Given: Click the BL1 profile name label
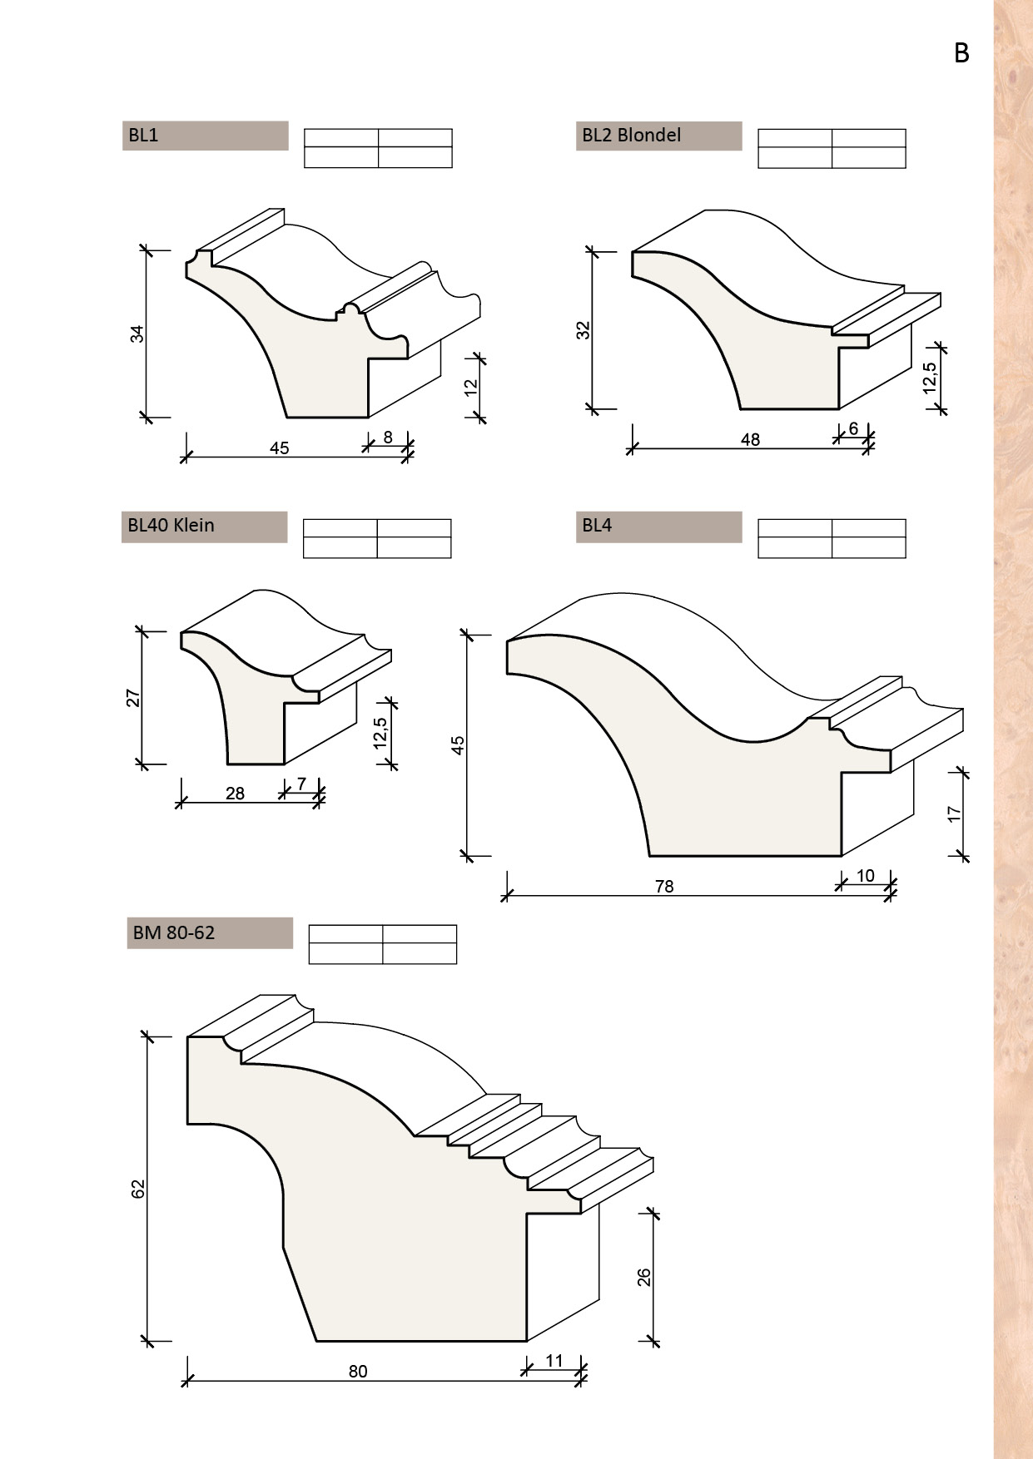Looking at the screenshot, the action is pyautogui.click(x=143, y=136).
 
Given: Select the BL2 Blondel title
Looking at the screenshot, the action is pyautogui.click(x=632, y=136).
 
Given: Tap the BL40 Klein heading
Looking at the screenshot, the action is pyautogui.click(x=171, y=526).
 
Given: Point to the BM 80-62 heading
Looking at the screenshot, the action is pyautogui.click(x=173, y=932).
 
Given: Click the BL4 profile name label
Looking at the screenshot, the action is pyautogui.click(x=597, y=526).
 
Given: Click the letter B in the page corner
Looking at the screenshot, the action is pyautogui.click(x=961, y=53).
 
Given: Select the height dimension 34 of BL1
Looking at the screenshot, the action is pyautogui.click(x=138, y=334).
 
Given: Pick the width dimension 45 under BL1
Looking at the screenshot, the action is pyautogui.click(x=280, y=448).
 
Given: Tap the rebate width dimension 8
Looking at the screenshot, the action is pyautogui.click(x=388, y=437).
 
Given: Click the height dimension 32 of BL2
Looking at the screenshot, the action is pyautogui.click(x=584, y=330).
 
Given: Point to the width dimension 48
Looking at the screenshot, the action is pyautogui.click(x=750, y=439).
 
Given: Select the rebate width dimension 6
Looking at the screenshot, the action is pyautogui.click(x=853, y=429).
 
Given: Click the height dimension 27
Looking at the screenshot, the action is pyautogui.click(x=133, y=698).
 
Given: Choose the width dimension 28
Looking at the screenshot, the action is pyautogui.click(x=235, y=794).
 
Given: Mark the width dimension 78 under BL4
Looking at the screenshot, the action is pyautogui.click(x=664, y=887).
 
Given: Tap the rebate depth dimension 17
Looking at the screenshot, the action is pyautogui.click(x=955, y=814).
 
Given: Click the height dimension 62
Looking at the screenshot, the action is pyautogui.click(x=138, y=1189).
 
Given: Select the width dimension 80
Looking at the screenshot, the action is pyautogui.click(x=358, y=1372).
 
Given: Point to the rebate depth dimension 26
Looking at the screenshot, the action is pyautogui.click(x=644, y=1278).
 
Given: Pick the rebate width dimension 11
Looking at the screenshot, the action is pyautogui.click(x=554, y=1361).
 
